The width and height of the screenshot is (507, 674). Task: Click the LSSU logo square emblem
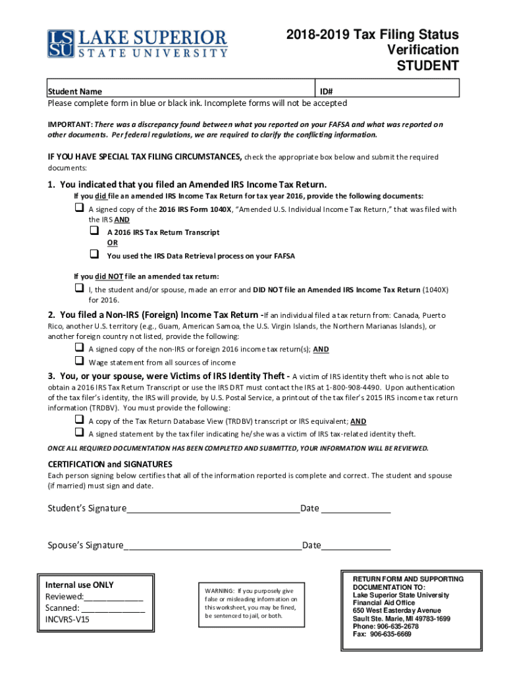pos(61,43)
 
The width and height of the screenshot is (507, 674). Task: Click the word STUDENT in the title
pos(426,65)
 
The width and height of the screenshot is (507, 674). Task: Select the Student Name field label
pos(74,92)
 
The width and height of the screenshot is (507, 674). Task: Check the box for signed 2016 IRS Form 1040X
pos(78,208)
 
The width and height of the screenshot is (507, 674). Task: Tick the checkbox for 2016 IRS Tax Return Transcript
pos(93,231)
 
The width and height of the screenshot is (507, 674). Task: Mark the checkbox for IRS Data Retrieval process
pos(93,254)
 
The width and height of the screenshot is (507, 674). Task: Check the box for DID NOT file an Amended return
pos(78,288)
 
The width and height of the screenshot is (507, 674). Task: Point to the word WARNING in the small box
pos(219,590)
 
